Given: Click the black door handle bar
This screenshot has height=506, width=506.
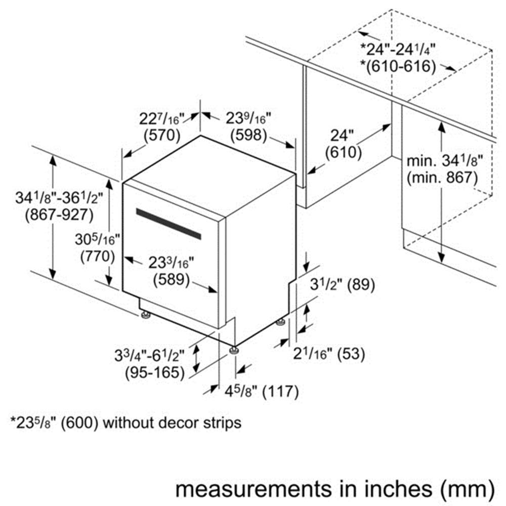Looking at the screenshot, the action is point(168,224).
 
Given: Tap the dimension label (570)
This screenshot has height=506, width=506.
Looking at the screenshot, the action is point(162,136).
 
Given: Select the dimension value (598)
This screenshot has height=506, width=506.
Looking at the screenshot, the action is point(248,136).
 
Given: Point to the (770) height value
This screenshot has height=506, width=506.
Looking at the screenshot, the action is point(98,257).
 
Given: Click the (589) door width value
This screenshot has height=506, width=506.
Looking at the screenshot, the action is point(171,279).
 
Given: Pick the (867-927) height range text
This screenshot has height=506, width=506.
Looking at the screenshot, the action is point(59,215).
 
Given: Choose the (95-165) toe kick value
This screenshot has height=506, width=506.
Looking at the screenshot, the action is point(155,373).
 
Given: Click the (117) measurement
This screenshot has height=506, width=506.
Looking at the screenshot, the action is point(280,392).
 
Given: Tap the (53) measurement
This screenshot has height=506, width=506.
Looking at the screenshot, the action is point(351,354).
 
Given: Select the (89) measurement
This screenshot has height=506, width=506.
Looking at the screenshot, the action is point(361,285).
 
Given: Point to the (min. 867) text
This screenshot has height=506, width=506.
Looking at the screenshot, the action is point(442,178).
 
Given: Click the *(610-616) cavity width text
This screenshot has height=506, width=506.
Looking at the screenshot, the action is point(398,66).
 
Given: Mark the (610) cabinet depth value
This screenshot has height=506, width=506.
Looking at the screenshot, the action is point(344,153).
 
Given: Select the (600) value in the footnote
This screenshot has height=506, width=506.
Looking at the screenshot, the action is point(79,423).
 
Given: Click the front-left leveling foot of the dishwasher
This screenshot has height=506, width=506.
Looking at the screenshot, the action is point(146,315).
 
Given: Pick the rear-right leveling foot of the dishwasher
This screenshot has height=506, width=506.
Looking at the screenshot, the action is point(281,322).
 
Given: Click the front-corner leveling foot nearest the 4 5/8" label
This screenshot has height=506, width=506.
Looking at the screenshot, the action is point(234,350).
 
